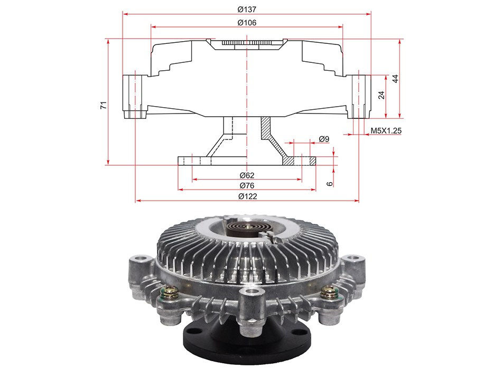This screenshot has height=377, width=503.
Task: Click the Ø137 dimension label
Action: coord(247,10)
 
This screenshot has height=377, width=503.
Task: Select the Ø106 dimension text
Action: coord(247,22)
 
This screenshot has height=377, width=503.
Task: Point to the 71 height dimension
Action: coord(104,105)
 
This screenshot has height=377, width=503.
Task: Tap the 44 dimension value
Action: coord(396,79)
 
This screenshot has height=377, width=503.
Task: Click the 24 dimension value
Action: coord(381,95)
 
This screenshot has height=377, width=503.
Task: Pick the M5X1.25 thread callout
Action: coord(386,130)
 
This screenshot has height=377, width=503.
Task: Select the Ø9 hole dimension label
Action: coord(324,139)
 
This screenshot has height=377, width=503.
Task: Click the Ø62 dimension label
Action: coord(247,175)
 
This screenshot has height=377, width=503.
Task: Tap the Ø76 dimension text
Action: coord(247,185)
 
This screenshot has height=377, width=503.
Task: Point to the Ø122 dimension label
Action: coord(247,196)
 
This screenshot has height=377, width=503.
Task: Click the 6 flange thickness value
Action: coord(330,184)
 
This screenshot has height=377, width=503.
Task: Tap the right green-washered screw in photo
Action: coord(330,293)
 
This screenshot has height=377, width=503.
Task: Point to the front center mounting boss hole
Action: coord(252,291)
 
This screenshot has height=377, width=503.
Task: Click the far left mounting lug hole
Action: coord(141,258)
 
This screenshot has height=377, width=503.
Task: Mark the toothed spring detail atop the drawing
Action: coord(247,43)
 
